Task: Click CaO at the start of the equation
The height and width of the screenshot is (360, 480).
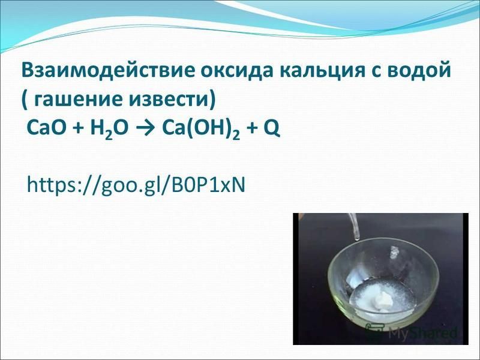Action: [x=46, y=128]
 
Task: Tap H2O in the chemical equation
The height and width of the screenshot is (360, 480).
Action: [x=109, y=130]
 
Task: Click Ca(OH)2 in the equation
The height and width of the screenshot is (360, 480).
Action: [x=200, y=130]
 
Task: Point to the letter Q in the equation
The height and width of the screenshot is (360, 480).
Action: [x=271, y=129]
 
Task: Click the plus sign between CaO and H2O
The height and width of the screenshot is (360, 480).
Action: [x=78, y=129]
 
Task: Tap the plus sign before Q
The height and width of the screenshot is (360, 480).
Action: [x=251, y=129]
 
